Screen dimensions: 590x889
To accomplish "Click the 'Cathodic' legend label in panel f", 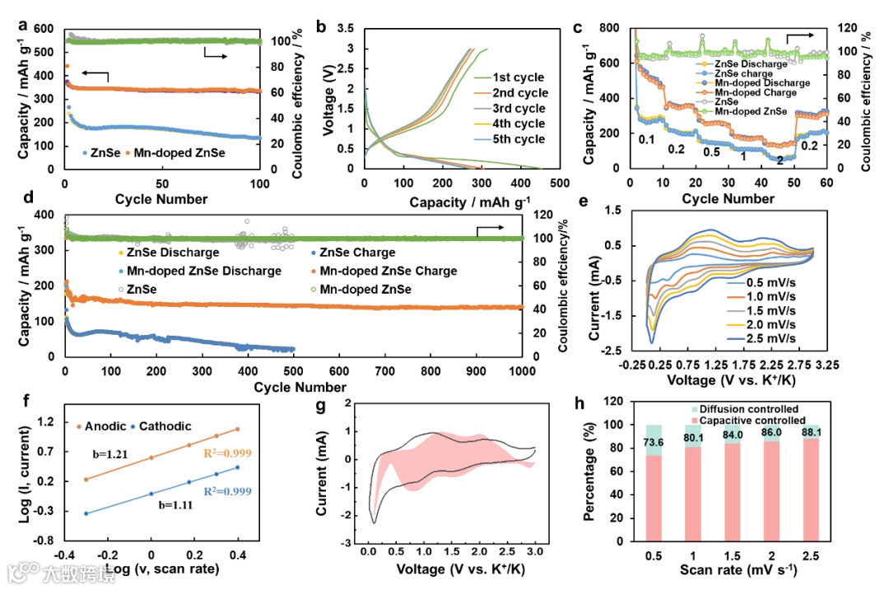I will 164,425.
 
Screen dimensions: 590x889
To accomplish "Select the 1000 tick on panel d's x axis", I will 522,371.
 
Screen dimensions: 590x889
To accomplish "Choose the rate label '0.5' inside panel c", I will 705,152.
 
